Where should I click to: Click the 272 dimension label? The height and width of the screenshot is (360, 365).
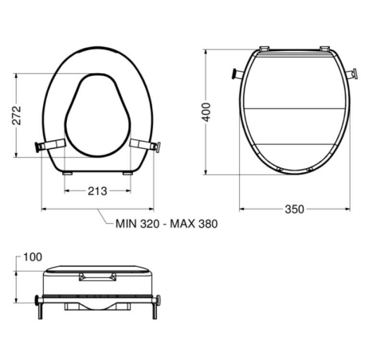[17, 115]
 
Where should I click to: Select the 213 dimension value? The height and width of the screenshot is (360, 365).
[97, 191]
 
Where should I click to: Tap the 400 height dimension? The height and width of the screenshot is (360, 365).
[206, 112]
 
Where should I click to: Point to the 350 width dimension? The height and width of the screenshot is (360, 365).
[294, 209]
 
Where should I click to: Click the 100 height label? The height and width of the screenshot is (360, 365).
[33, 257]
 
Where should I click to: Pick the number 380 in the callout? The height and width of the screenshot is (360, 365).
[207, 224]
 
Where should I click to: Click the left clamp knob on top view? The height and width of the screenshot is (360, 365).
[37, 147]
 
